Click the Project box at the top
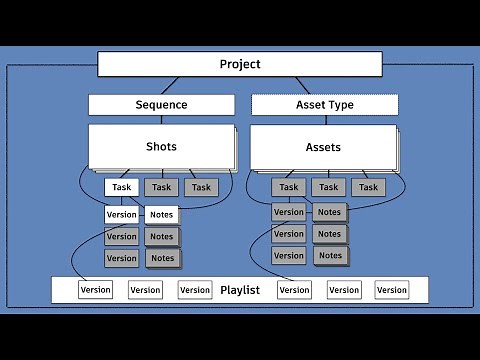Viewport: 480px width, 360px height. coord(239,65)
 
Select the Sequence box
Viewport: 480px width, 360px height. coord(161,105)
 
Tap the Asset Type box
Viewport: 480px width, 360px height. coord(325,105)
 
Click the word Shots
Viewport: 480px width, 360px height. coord(161,147)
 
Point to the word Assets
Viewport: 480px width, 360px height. coord(323,147)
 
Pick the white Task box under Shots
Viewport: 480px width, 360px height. coord(122,187)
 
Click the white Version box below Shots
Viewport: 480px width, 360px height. coord(122,214)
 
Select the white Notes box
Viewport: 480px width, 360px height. coord(161,214)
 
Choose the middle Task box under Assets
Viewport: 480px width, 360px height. coord(329,187)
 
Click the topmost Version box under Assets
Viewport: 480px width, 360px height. coord(289,212)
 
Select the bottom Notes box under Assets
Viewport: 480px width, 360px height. coord(329,256)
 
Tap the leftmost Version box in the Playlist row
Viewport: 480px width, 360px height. coord(96,290)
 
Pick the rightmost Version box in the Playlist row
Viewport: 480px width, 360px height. coord(392,290)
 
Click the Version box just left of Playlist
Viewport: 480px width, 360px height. coord(195,290)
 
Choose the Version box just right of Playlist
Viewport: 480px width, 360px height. coord(294,290)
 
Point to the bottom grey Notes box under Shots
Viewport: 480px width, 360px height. coord(161,258)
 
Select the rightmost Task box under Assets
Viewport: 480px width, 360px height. coord(369,187)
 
